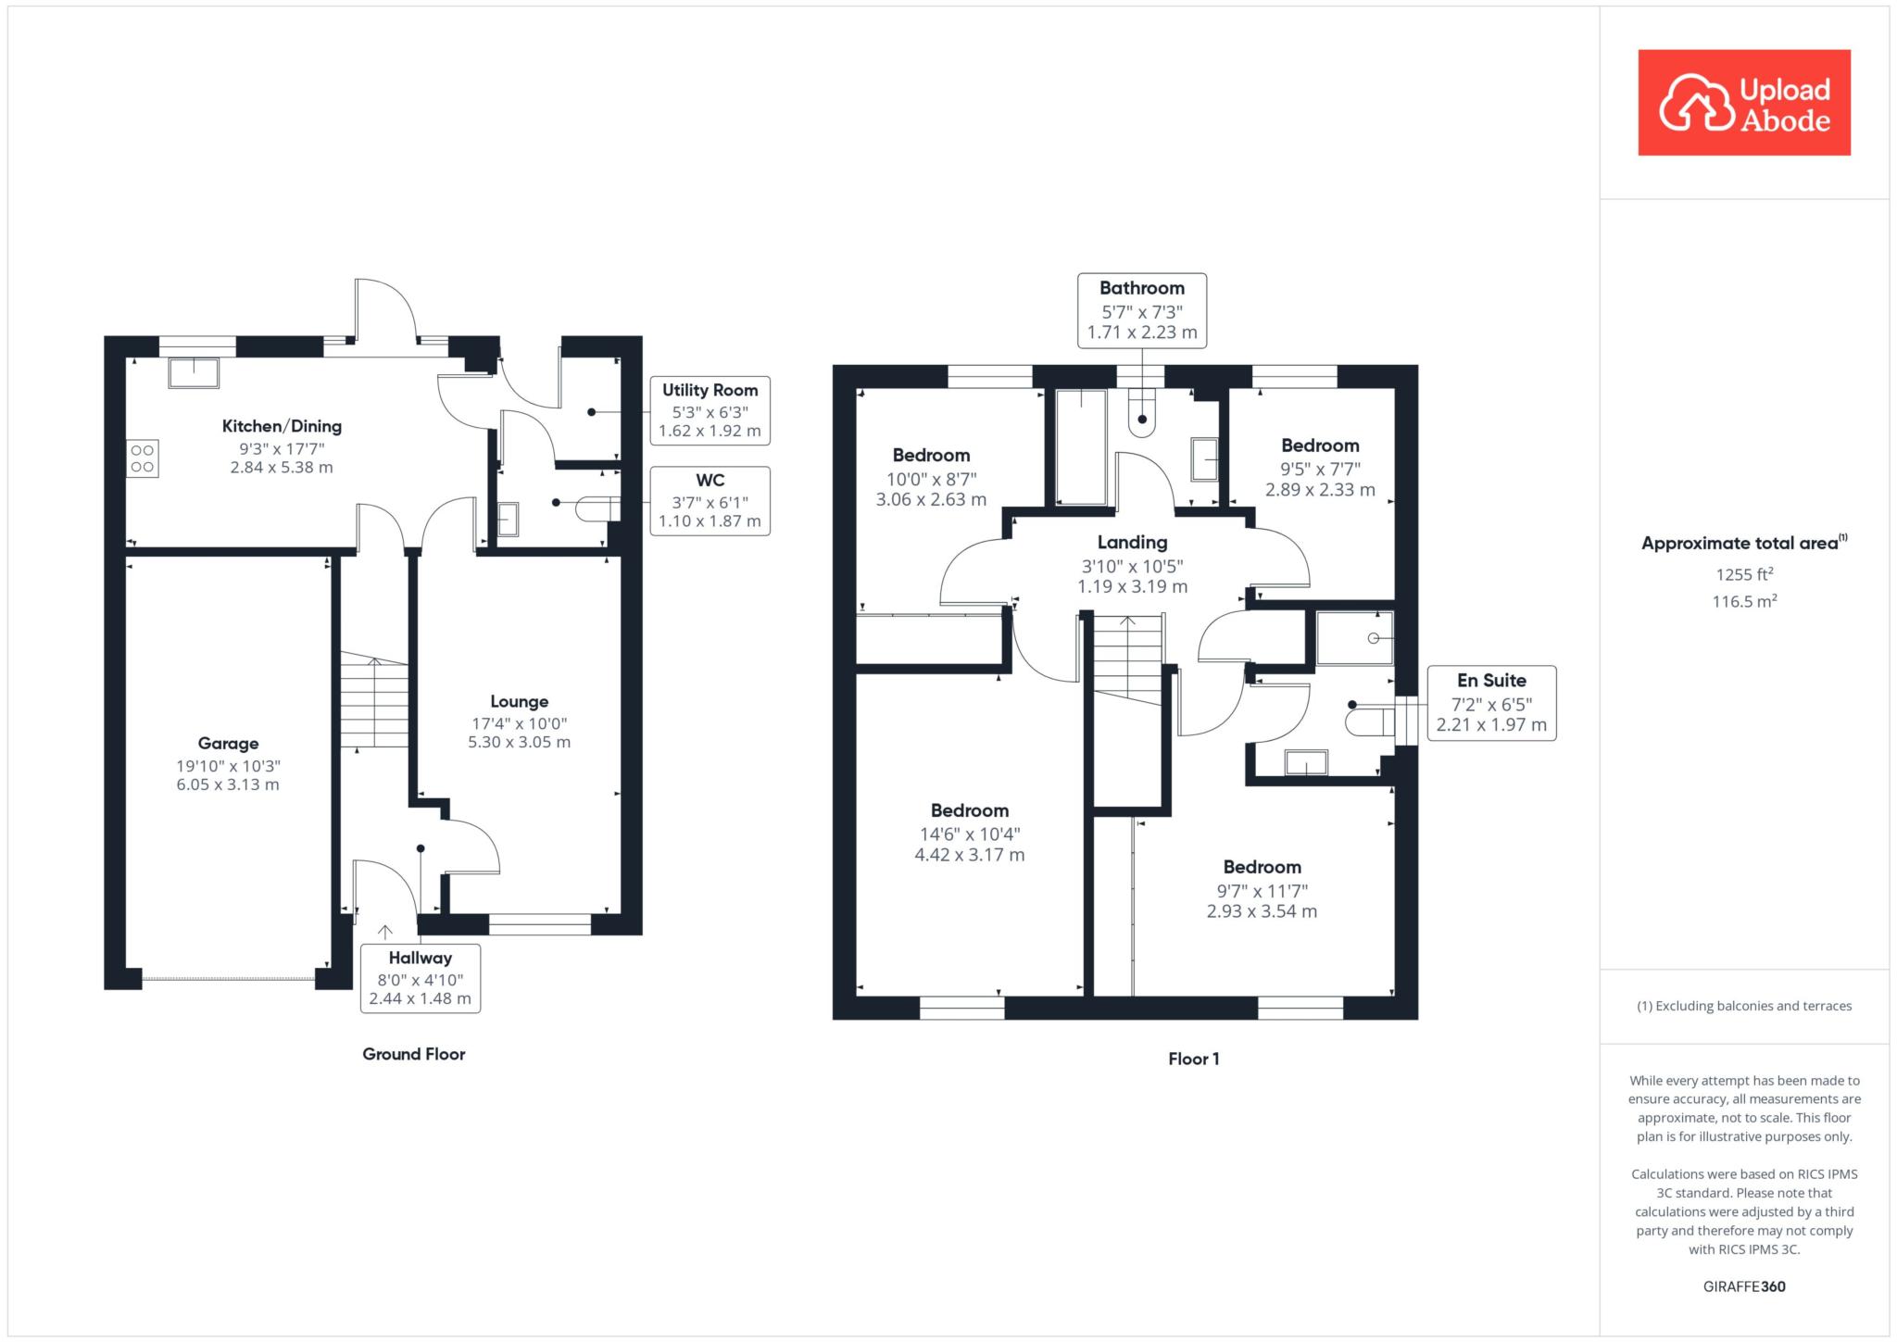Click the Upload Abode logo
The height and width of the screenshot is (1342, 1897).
point(1744,103)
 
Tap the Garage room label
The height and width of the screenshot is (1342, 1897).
point(228,744)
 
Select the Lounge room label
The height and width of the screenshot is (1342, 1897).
point(520,702)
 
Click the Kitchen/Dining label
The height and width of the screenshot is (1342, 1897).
point(282,426)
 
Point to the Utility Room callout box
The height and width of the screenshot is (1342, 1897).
point(710,410)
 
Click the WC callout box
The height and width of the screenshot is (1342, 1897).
point(710,500)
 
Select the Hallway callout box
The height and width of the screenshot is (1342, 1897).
point(421,978)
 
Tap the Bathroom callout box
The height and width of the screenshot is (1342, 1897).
point(1142,310)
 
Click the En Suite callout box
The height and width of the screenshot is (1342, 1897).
point(1491,703)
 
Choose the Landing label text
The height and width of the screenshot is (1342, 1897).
point(1132,543)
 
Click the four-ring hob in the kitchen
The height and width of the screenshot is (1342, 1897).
point(143,458)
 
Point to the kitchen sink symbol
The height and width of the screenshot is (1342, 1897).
point(194,372)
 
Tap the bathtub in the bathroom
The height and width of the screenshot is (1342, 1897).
point(1081,447)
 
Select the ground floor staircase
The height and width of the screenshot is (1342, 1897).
point(374,700)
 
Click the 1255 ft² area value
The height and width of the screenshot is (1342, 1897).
point(1744,574)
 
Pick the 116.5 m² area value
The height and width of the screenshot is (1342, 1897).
point(1744,601)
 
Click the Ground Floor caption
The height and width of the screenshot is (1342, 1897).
point(414,1054)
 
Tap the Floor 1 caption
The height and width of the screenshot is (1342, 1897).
point(1194,1060)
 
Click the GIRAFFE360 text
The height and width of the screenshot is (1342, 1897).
point(1744,1286)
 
